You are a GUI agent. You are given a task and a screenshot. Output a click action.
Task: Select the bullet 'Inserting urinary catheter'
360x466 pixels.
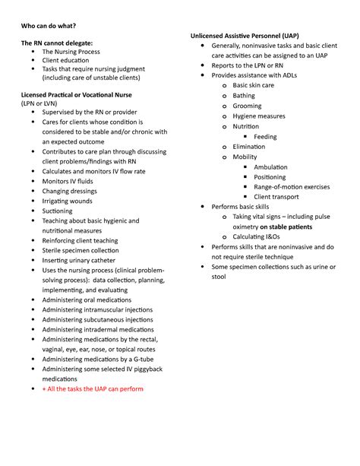click(x=79, y=260)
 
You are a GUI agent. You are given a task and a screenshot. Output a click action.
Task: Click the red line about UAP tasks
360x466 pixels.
click(x=93, y=388)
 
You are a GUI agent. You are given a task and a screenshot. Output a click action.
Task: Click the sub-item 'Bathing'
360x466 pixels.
click(x=244, y=96)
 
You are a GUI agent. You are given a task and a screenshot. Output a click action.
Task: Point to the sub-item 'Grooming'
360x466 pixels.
click(x=247, y=106)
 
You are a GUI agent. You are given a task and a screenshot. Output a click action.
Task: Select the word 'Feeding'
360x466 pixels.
click(x=265, y=137)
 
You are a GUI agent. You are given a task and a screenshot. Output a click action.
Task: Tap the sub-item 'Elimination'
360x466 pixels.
click(x=249, y=147)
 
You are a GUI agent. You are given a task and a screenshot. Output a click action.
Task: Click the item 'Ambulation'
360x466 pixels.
click(x=270, y=167)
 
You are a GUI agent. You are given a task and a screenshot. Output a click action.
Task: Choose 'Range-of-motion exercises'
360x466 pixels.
click(x=292, y=187)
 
